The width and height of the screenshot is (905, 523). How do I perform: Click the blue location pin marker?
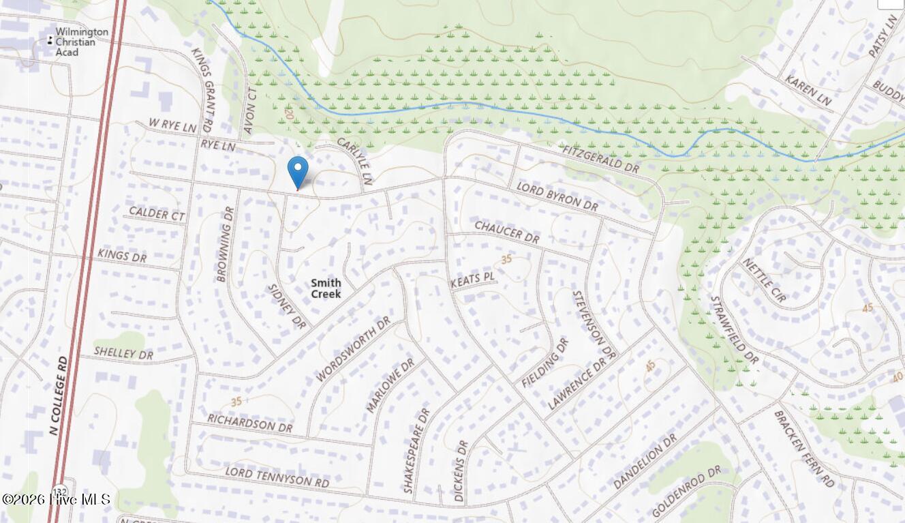pos(298,170)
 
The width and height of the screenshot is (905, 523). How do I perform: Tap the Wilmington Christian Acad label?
pos(81,42)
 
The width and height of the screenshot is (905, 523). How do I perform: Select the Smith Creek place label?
pos(326,288)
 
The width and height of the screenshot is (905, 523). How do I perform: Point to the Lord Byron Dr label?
pos(557,196)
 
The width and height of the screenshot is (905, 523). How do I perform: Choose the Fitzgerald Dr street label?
pos(602,158)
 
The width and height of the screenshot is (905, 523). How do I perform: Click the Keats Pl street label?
pos(472,280)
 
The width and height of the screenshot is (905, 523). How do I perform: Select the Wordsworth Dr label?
pos(353,348)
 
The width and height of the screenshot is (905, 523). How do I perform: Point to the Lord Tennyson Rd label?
pos(277,477)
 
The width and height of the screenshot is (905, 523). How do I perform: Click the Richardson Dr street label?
pos(249,423)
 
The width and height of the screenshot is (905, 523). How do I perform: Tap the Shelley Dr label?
pos(123,354)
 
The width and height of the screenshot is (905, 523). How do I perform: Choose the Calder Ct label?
pos(157,213)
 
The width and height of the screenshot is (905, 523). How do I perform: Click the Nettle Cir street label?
pos(764,279)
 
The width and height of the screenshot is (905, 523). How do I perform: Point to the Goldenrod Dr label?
pos(686,491)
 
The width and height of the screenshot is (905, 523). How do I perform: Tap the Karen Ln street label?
pos(808,91)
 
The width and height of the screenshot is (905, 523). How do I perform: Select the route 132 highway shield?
pos(61,490)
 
